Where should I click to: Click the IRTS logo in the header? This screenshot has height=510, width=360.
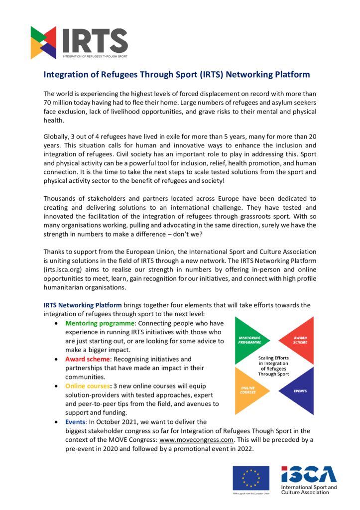(x=79, y=42)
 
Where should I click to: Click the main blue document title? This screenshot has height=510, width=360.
(x=177, y=75)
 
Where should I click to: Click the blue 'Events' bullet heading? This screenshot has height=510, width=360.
(x=76, y=422)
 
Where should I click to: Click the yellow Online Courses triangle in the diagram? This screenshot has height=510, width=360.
(x=250, y=390)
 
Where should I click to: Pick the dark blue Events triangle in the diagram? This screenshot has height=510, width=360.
(x=299, y=390)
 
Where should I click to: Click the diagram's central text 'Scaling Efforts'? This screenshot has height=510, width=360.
(x=274, y=358)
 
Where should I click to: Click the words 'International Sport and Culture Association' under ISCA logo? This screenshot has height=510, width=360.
(x=309, y=490)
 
